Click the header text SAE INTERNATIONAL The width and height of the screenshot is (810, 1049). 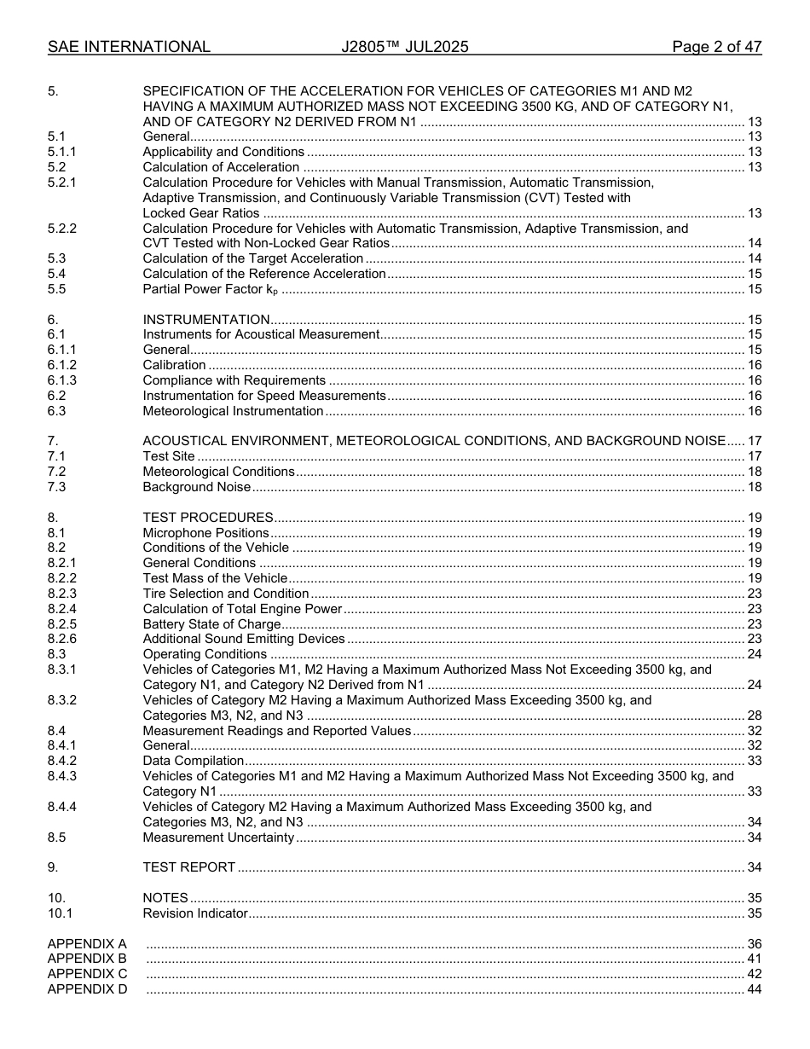pyautogui.click(x=129, y=47)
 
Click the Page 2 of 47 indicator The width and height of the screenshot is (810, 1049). pyautogui.click(x=716, y=47)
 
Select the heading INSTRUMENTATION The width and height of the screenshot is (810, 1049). pyautogui.click(x=206, y=319)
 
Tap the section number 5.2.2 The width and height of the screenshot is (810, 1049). pyautogui.click(x=62, y=229)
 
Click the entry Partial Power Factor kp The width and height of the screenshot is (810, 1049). pyautogui.click(x=211, y=289)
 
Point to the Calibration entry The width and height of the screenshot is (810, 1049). pyautogui.click(x=174, y=365)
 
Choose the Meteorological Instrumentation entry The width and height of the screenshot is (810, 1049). pyautogui.click(x=233, y=411)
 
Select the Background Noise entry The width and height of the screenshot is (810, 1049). pyautogui.click(x=197, y=487)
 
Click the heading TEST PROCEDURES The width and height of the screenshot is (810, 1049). pyautogui.click(x=208, y=517)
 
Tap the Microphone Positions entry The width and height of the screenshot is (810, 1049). pyautogui.click(x=205, y=533)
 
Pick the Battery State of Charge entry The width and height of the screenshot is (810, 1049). pyautogui.click(x=211, y=624)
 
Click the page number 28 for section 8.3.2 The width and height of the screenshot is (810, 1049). pyautogui.click(x=754, y=716)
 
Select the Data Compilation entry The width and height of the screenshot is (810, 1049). pyautogui.click(x=194, y=761)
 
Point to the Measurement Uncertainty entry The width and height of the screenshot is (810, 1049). pyautogui.click(x=218, y=837)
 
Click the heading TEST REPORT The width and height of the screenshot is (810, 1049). pyautogui.click(x=189, y=867)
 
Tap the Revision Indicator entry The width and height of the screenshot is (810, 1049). pyautogui.click(x=195, y=913)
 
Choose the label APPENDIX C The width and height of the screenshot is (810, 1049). pyautogui.click(x=87, y=974)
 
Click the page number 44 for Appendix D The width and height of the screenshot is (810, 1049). pyautogui.click(x=754, y=989)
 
